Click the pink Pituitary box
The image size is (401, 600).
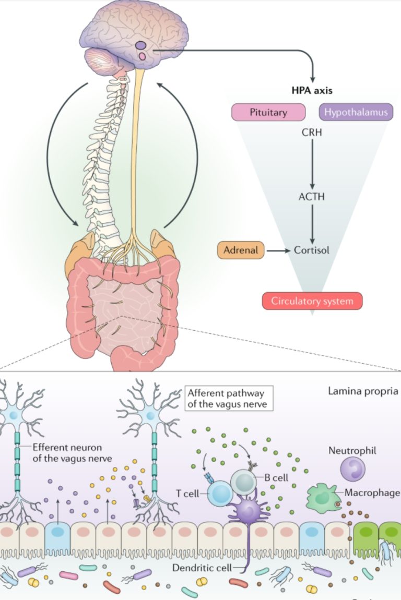click(268, 112)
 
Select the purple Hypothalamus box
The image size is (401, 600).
click(356, 112)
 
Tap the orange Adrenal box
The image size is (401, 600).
click(241, 250)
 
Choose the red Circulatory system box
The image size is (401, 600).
click(312, 301)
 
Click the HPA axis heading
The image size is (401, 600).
click(312, 90)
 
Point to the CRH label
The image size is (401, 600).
click(312, 132)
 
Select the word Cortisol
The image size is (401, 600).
click(312, 250)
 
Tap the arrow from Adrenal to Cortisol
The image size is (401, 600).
click(278, 250)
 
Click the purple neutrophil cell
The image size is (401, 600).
click(352, 467)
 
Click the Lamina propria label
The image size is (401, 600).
click(363, 390)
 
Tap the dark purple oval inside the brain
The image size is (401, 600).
click(141, 45)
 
